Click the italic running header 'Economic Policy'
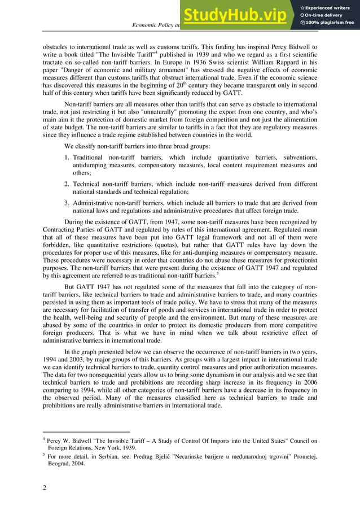pyautogui.click(x=155, y=25)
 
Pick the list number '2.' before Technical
pyautogui.click(x=67, y=184)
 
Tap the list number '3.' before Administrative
pyautogui.click(x=67, y=203)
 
